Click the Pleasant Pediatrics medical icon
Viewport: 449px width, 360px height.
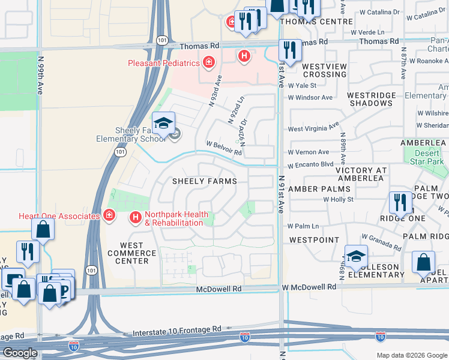(208, 62)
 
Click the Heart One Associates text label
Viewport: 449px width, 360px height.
(59, 216)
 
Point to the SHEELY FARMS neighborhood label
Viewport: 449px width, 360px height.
(204, 181)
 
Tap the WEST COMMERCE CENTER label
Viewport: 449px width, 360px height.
(131, 253)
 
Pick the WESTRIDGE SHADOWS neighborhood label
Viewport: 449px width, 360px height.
(372, 99)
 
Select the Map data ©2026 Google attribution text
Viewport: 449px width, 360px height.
(411, 355)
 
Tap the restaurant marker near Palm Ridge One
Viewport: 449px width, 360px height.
(400, 203)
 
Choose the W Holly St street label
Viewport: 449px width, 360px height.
(346, 199)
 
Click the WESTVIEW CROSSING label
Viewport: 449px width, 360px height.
(324, 70)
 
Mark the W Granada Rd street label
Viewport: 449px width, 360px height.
(382, 242)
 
